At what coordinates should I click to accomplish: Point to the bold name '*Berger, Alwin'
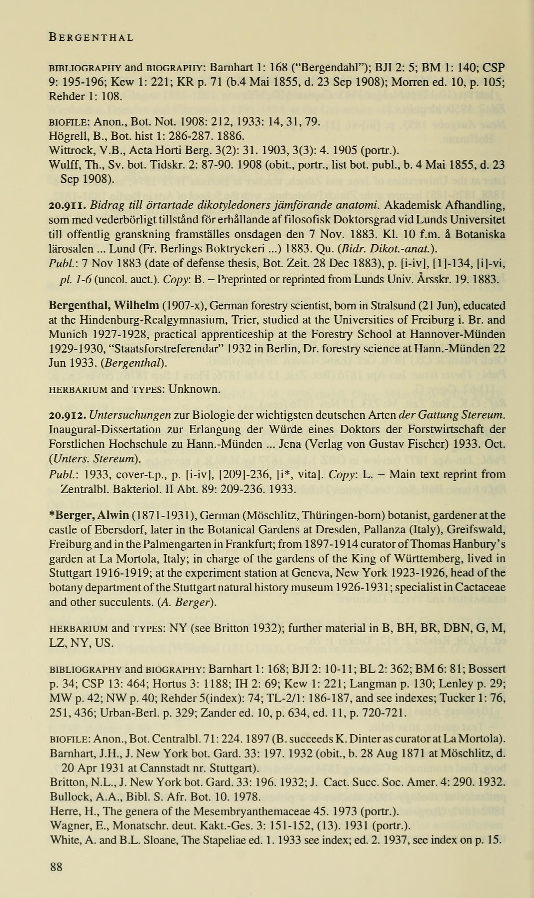point(89,515)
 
